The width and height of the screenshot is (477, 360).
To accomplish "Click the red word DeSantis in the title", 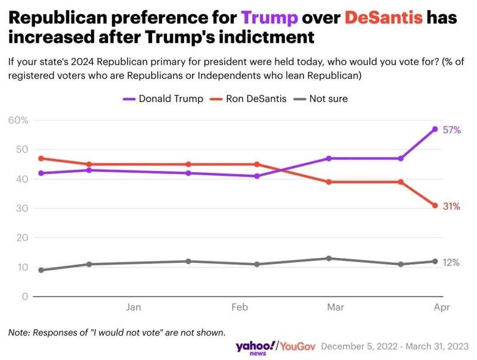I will [x=384, y=17].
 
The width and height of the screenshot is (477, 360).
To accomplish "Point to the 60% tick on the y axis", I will [x=18, y=120].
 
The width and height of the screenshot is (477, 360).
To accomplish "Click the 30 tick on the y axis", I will [x=21, y=209].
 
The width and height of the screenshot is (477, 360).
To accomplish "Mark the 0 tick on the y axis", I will [x=25, y=297].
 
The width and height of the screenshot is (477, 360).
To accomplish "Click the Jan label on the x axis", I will [x=134, y=308].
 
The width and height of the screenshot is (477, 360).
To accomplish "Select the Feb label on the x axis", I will [x=239, y=308].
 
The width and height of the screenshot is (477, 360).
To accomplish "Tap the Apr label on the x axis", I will [x=441, y=308].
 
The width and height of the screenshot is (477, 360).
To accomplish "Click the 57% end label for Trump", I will [x=451, y=130].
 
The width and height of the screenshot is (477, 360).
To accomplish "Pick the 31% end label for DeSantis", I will [x=451, y=206].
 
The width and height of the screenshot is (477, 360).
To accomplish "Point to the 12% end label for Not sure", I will [x=451, y=262].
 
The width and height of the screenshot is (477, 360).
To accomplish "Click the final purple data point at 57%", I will [x=435, y=129].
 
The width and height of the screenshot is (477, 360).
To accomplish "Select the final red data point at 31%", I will [x=435, y=206].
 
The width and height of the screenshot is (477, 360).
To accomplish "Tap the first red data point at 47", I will [x=41, y=159].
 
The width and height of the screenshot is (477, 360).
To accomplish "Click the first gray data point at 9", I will [x=41, y=270].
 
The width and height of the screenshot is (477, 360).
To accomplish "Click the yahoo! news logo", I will [x=255, y=347].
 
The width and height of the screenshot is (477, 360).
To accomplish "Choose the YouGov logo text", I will [x=298, y=346].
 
